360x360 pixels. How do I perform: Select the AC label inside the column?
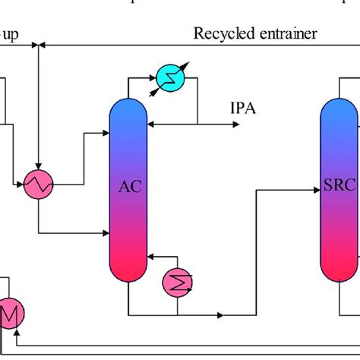click(x=129, y=186)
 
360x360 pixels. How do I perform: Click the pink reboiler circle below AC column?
click(x=178, y=283)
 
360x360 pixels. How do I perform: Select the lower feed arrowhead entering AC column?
click(x=107, y=232)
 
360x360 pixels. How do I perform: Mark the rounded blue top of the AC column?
click(x=129, y=106)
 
